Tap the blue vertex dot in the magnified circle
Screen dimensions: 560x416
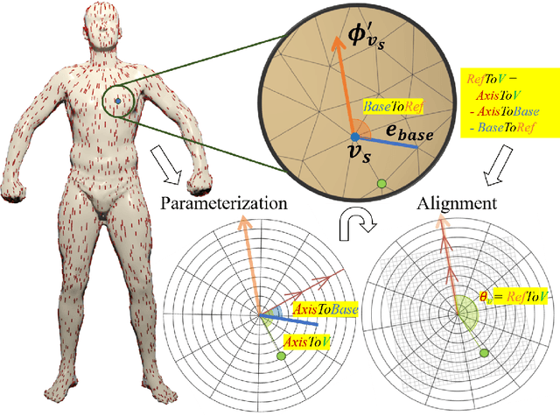click(354, 137)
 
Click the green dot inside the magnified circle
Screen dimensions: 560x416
click(381, 183)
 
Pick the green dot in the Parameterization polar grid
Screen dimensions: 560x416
click(281, 357)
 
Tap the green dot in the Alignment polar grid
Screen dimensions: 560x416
click(481, 351)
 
